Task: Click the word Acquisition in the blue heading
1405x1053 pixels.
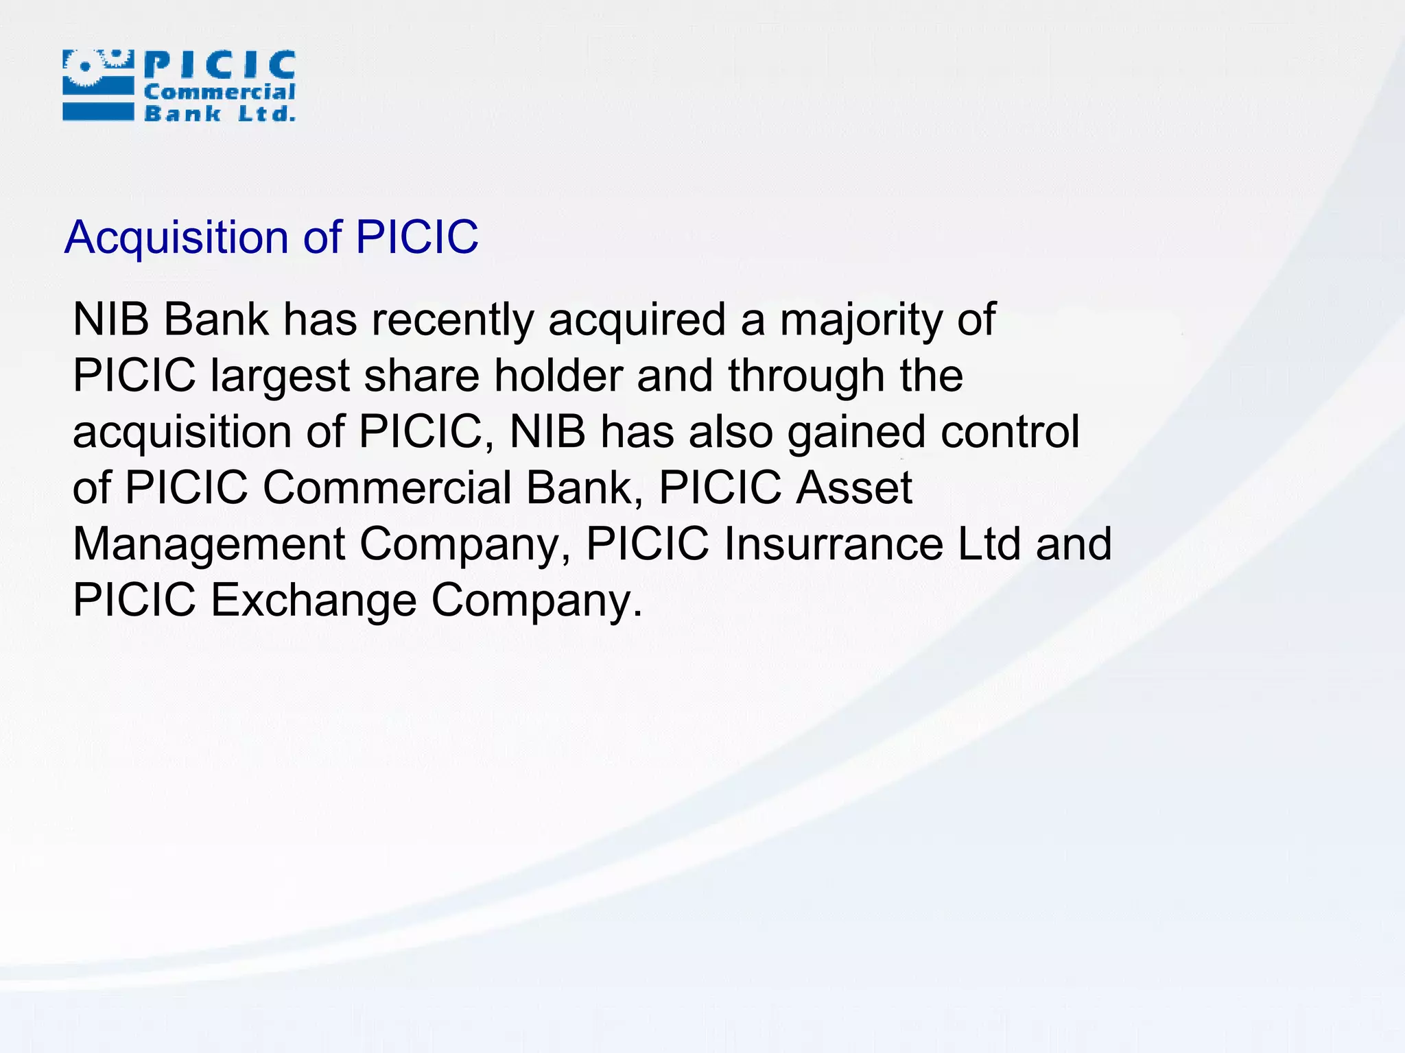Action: pyautogui.click(x=177, y=238)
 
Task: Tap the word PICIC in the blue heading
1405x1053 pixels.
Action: pyautogui.click(x=416, y=238)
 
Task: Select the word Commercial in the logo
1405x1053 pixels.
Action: pyautogui.click(x=220, y=92)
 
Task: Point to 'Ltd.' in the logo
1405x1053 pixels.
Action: pyautogui.click(x=266, y=113)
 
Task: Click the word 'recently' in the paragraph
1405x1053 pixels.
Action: pyautogui.click(x=453, y=320)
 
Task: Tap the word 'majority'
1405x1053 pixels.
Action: pyautogui.click(x=861, y=320)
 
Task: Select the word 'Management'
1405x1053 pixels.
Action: pyautogui.click(x=209, y=544)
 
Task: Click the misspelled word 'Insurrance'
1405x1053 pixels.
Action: pyautogui.click(x=834, y=544)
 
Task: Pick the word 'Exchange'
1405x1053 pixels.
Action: pyautogui.click(x=313, y=601)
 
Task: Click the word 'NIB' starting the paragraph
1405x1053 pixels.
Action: pyautogui.click(x=110, y=320)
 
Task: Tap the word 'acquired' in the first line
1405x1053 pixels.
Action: pyautogui.click(x=637, y=320)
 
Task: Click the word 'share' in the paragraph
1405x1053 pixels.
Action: pyautogui.click(x=421, y=376)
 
